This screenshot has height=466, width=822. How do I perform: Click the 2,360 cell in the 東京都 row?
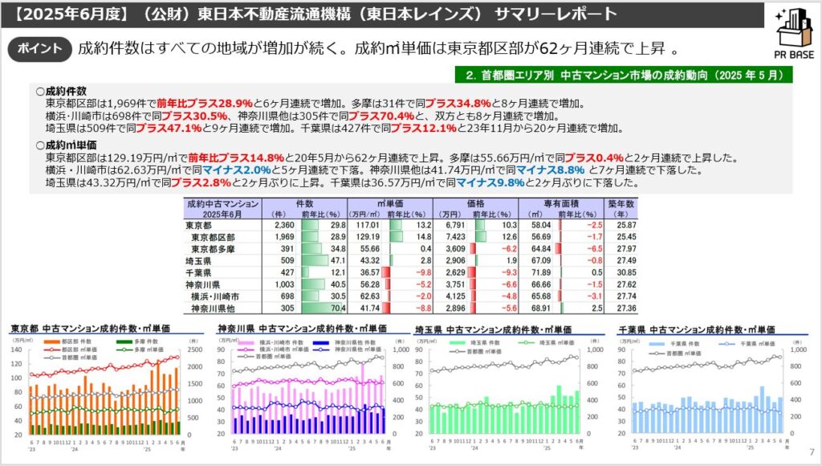coord(285,226)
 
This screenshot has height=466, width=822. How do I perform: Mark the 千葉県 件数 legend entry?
coord(675,343)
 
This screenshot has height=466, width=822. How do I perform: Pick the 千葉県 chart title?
coord(697,329)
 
